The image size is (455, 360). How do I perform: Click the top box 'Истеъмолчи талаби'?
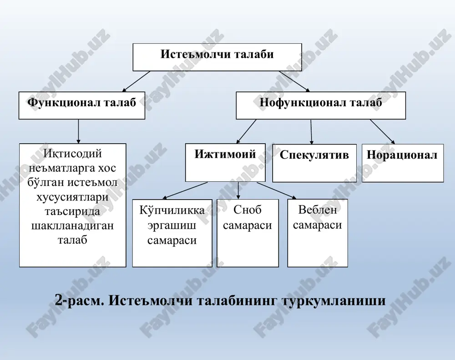pyautogui.click(x=217, y=57)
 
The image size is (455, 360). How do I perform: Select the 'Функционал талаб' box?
pyautogui.click(x=82, y=105)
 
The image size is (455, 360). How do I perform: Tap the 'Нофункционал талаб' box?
pyautogui.click(x=321, y=105)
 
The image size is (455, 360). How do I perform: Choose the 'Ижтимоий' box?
pyautogui.click(x=225, y=162)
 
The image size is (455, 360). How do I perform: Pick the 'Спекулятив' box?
pyautogui.click(x=314, y=163)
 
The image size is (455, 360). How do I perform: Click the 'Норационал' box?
pyautogui.click(x=403, y=163)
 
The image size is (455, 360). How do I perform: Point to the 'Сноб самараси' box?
pyautogui.click(x=248, y=233)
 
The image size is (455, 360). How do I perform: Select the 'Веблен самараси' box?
pyautogui.click(x=318, y=233)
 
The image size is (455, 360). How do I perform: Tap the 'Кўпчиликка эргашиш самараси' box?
pyautogui.click(x=172, y=233)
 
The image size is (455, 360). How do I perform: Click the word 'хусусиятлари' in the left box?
pyautogui.click(x=72, y=197)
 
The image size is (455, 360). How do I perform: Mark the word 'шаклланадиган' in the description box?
pyautogui.click(x=72, y=226)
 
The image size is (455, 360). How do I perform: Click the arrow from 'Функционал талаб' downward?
pyautogui.click(x=78, y=131)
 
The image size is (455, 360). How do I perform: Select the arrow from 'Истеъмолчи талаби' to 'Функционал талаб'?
pyautogui.click(x=136, y=81)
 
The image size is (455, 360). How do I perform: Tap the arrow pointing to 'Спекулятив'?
pyautogui.click(x=311, y=132)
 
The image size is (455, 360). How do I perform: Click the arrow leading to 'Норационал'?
pyautogui.click(x=383, y=132)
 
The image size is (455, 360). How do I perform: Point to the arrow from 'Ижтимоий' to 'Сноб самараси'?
pyautogui.click(x=238, y=190)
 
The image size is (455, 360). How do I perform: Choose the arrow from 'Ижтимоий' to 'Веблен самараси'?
pyautogui.click(x=277, y=190)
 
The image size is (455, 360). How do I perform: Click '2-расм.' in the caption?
pyautogui.click(x=79, y=300)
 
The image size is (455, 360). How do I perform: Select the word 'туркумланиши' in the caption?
pyautogui.click(x=334, y=301)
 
